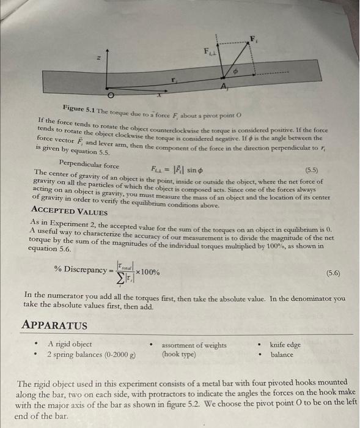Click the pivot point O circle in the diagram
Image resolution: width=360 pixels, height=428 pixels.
[x=111, y=96]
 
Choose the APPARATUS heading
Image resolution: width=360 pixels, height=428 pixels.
[x=54, y=325]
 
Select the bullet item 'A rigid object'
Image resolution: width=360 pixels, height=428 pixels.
[x=70, y=344]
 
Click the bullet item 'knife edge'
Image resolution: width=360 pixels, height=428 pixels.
[x=285, y=345]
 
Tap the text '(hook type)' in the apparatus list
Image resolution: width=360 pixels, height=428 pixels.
[x=179, y=355]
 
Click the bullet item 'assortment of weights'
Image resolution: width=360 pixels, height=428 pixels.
[x=194, y=345]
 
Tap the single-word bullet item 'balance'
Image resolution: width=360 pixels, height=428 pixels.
[x=282, y=355]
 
